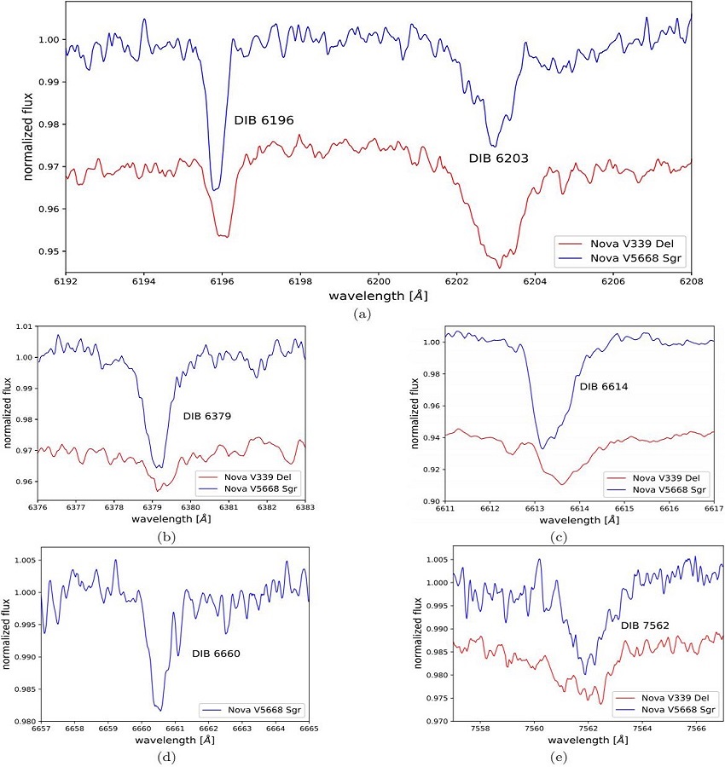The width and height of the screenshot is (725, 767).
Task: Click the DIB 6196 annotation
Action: point(270,120)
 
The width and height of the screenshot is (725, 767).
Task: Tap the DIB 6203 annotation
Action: point(499,159)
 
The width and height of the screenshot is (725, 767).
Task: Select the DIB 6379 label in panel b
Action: point(207,417)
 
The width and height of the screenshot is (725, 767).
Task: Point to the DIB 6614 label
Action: point(604,387)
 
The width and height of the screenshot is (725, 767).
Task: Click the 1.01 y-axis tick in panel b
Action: point(24,326)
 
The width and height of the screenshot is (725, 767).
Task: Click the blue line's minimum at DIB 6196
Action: point(216,188)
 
